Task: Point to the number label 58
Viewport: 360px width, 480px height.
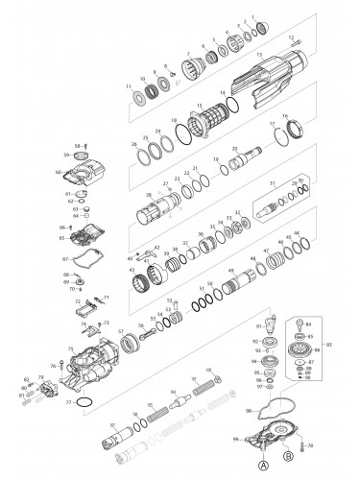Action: [x=65, y=146]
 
